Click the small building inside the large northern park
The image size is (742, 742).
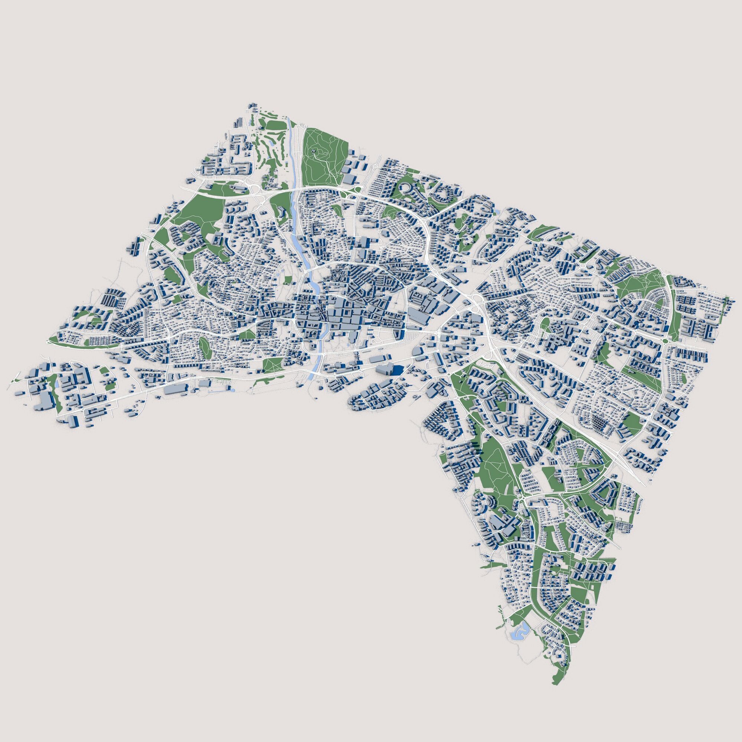tap(315, 152)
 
